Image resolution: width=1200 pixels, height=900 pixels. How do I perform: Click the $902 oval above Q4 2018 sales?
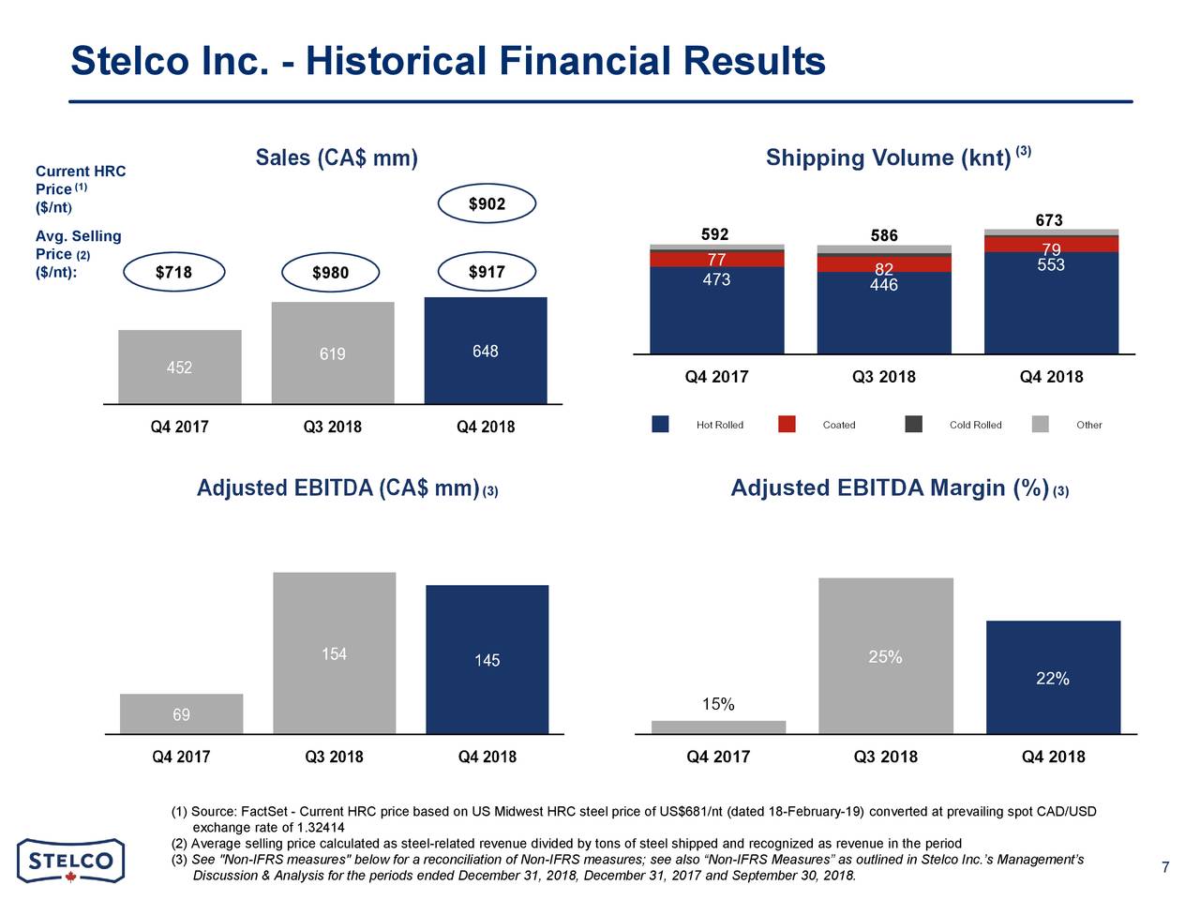point(487,204)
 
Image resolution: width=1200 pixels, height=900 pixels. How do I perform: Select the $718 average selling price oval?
point(173,273)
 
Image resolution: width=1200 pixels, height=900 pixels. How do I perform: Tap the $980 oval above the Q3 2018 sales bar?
point(330,273)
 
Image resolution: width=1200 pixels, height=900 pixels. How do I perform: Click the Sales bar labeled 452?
point(179,367)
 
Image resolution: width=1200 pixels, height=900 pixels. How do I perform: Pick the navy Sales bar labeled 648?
point(486,351)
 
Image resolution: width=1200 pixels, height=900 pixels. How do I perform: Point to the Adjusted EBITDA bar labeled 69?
point(181,714)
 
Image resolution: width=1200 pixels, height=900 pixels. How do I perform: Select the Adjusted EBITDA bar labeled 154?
point(334,653)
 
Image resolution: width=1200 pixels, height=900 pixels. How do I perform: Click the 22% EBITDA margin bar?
point(1053,678)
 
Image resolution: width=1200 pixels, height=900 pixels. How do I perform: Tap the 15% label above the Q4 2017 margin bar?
point(718,704)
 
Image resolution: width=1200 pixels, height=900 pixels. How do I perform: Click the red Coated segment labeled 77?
point(716,260)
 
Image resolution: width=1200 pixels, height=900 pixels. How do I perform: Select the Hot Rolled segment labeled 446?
point(884,312)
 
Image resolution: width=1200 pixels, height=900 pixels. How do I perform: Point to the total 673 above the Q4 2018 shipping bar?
point(1049,220)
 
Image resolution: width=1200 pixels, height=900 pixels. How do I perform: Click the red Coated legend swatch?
point(787,425)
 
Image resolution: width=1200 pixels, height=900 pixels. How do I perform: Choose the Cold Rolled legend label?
point(975,426)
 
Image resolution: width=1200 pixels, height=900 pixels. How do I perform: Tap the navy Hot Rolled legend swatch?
point(660,425)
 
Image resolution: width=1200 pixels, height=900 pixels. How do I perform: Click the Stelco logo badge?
point(71,861)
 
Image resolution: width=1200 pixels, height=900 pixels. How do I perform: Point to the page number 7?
point(1165,867)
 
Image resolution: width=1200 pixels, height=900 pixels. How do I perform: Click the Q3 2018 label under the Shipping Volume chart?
point(884,377)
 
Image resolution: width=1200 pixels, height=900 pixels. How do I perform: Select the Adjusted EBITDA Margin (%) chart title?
point(889,488)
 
